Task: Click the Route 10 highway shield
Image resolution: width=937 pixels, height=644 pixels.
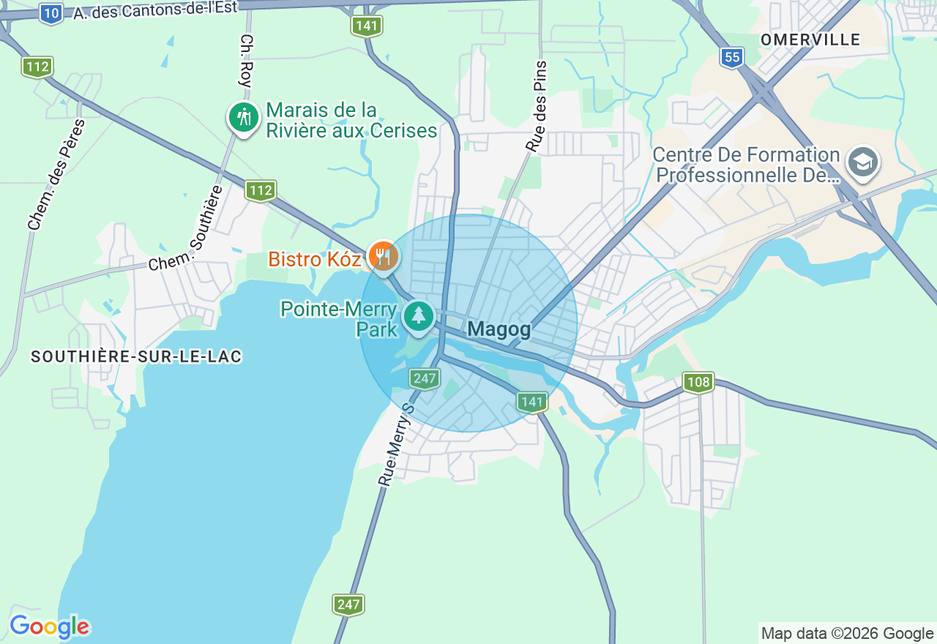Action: (51, 14)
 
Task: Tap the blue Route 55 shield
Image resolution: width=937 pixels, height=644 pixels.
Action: (731, 57)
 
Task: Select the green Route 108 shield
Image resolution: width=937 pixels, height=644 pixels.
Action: (698, 382)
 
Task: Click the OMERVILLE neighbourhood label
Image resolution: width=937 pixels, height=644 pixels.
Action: (810, 40)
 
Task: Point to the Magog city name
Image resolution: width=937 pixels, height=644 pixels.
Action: (499, 329)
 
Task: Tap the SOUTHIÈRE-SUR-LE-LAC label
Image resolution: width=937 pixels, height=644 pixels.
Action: (136, 356)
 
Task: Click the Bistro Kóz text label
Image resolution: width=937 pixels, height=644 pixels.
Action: (315, 259)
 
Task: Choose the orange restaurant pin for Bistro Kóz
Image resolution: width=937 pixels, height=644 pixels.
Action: (382, 256)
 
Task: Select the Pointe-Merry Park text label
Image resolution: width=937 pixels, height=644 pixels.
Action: (338, 319)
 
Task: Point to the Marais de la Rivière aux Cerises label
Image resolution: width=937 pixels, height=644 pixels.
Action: (351, 121)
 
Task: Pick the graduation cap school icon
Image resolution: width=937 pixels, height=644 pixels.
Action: (863, 162)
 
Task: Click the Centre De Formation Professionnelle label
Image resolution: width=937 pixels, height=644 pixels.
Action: (746, 165)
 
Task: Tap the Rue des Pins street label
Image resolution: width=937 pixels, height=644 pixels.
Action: (537, 107)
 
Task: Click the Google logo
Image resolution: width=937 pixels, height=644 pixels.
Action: (49, 626)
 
